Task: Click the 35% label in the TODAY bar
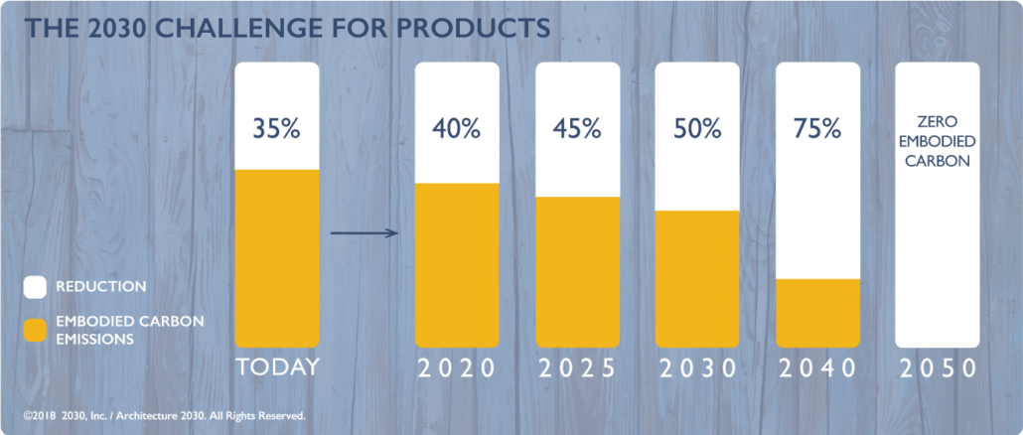pyautogui.click(x=277, y=129)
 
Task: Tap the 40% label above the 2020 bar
pyautogui.click(x=457, y=129)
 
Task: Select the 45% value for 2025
pyautogui.click(x=577, y=129)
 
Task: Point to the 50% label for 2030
pyautogui.click(x=697, y=129)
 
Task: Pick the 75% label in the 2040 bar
pyautogui.click(x=817, y=129)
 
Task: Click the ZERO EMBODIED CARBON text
pyautogui.click(x=937, y=141)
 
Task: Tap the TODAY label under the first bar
pyautogui.click(x=277, y=367)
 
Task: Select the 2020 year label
pyautogui.click(x=457, y=368)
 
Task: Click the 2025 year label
pyautogui.click(x=577, y=368)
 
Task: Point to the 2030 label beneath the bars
pyautogui.click(x=697, y=368)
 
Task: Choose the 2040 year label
pyautogui.click(x=817, y=368)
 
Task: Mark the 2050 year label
pyautogui.click(x=938, y=368)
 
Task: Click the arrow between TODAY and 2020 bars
pyautogui.click(x=365, y=232)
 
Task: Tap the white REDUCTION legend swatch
pyautogui.click(x=35, y=287)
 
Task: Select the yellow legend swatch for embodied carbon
pyautogui.click(x=35, y=330)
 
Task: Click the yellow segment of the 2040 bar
pyautogui.click(x=817, y=313)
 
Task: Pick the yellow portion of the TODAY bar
pyautogui.click(x=277, y=258)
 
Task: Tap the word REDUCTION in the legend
pyautogui.click(x=101, y=287)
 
